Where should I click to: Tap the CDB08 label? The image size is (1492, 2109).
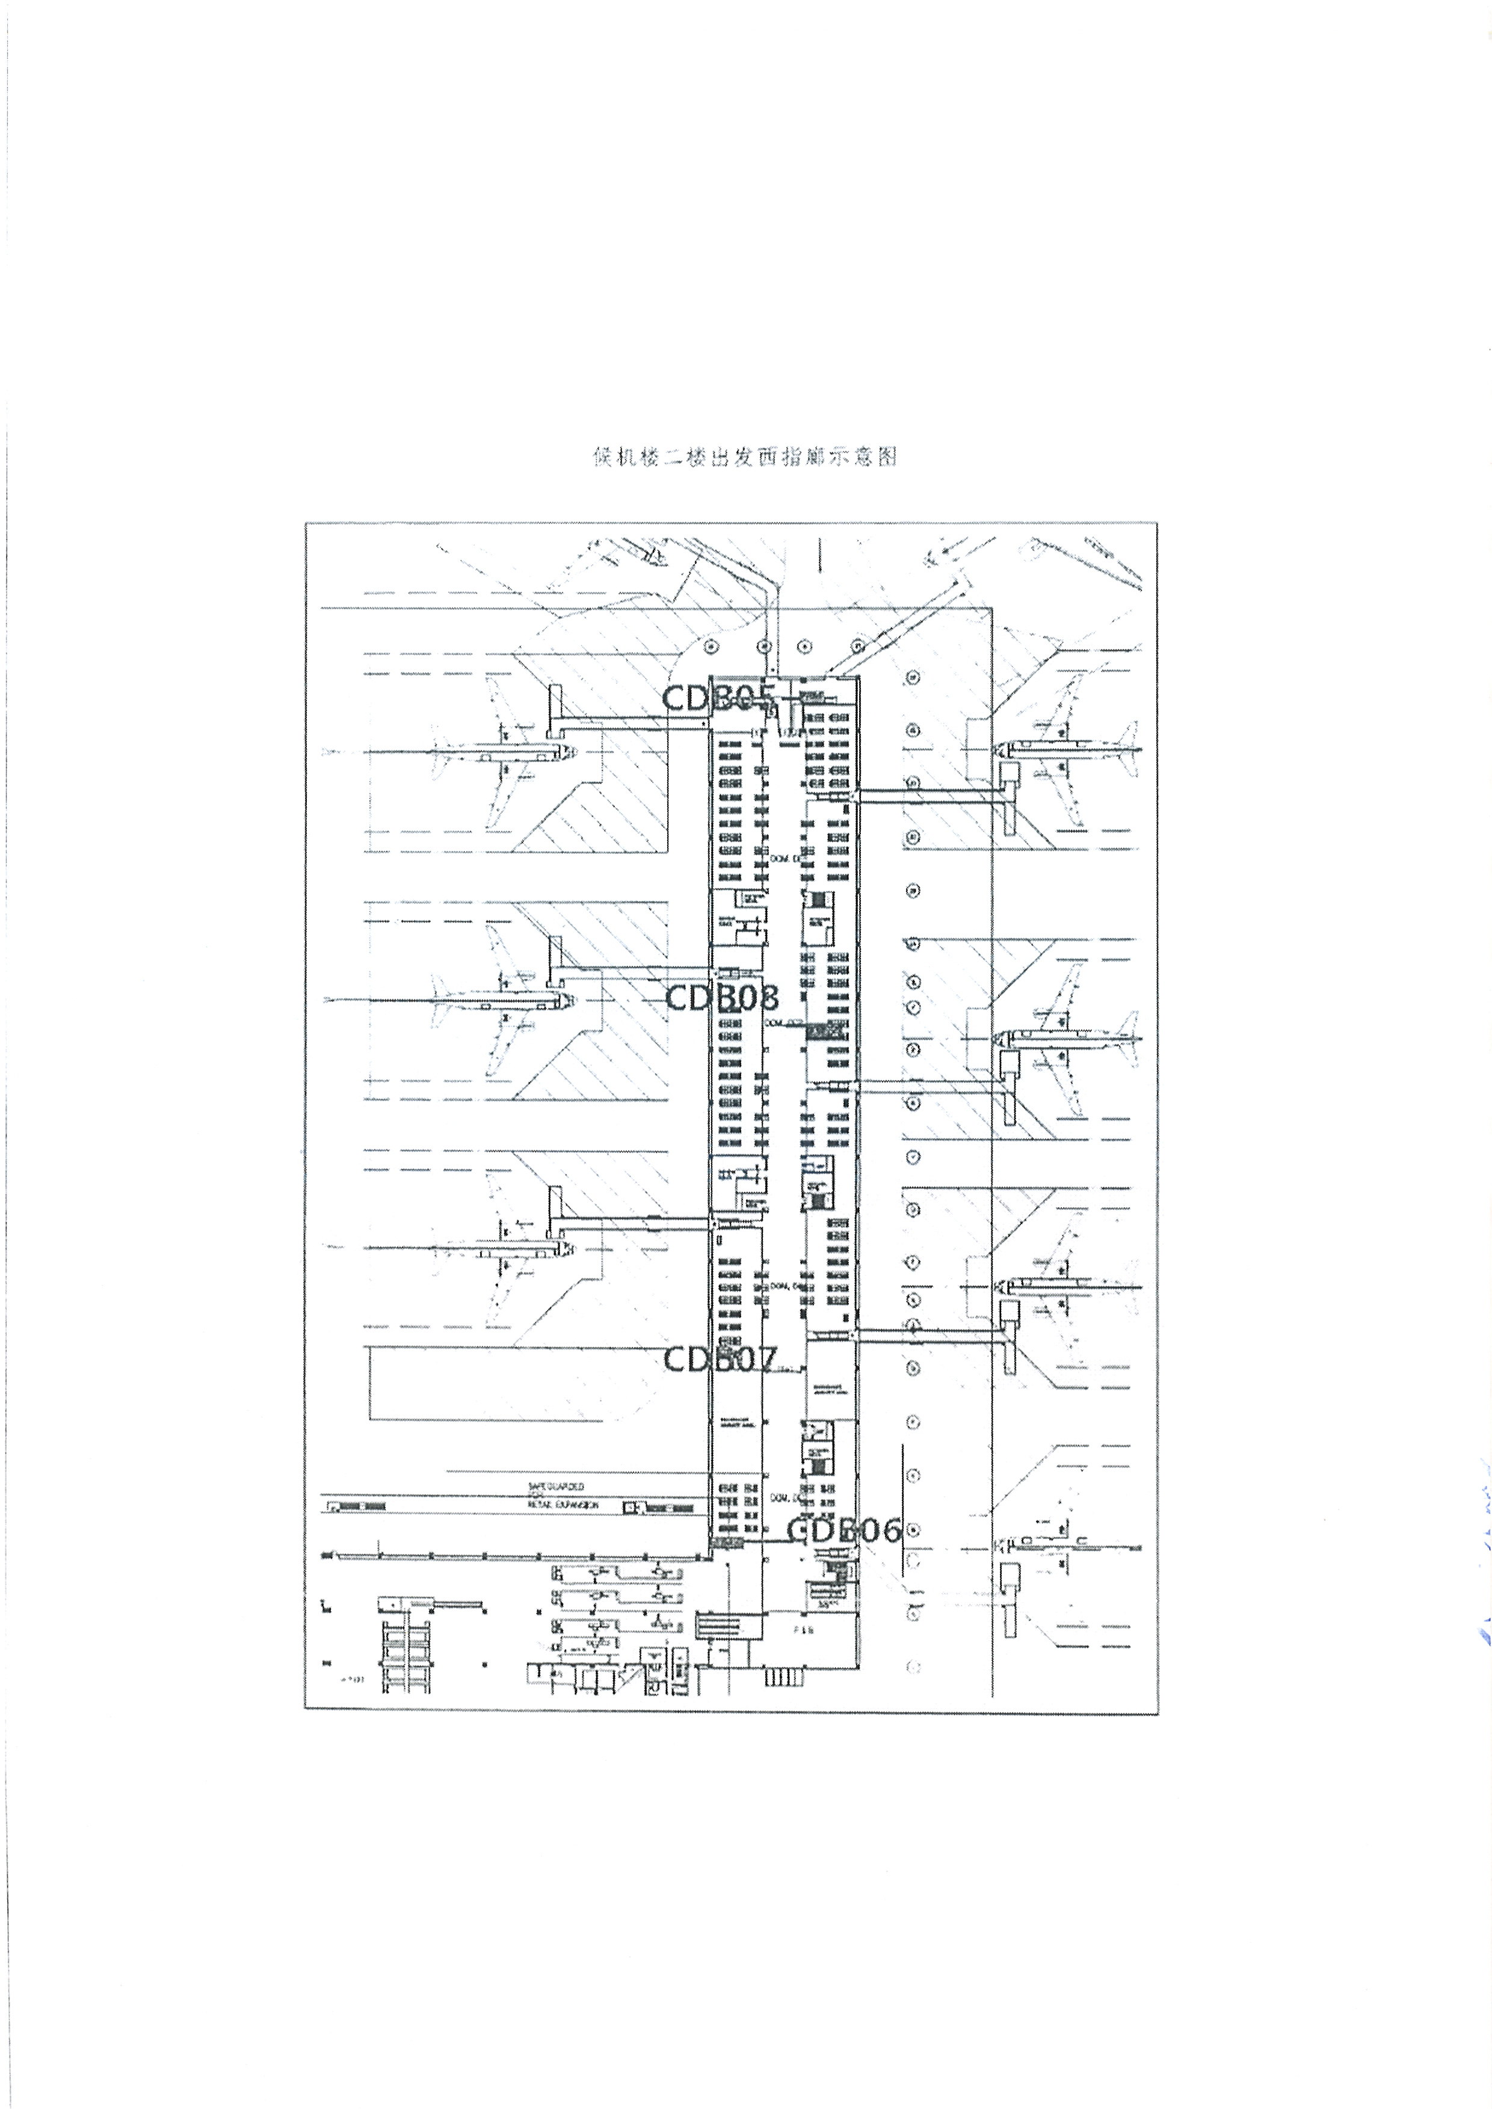[721, 998]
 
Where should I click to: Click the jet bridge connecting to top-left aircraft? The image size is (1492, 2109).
[634, 729]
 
